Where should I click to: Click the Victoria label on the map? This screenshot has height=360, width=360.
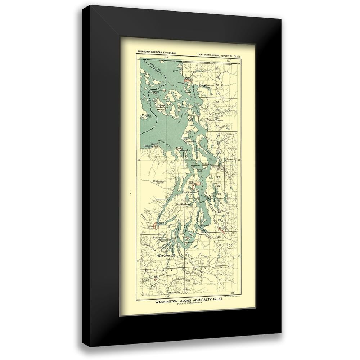[x=146, y=116]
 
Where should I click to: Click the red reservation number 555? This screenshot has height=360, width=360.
[x=187, y=78]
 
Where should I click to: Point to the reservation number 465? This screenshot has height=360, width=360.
[x=191, y=183]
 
